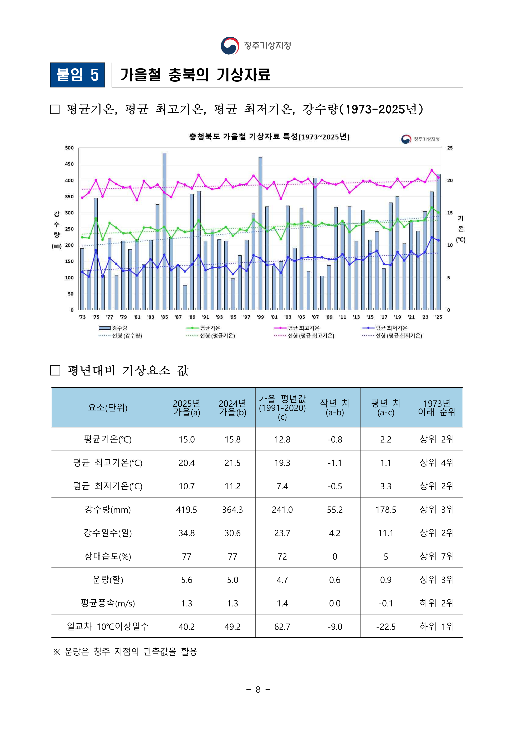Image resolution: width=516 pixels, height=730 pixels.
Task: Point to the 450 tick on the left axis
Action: coord(69,164)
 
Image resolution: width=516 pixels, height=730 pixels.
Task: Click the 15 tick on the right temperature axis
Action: coord(450,213)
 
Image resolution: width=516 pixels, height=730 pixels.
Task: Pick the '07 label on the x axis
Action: coord(315,317)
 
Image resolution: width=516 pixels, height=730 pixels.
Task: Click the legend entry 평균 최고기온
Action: coord(303,328)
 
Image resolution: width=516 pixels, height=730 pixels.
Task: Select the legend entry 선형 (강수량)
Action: coord(127,336)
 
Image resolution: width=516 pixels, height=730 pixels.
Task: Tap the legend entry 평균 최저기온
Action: coord(391,328)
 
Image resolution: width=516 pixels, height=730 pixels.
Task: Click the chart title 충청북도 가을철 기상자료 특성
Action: coord(269,137)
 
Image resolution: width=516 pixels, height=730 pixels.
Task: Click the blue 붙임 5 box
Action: coord(77,75)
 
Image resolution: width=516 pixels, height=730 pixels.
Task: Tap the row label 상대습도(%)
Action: coord(108,556)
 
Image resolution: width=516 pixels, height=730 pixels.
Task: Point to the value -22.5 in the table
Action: coord(386,627)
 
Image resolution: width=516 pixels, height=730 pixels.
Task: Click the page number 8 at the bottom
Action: coord(258,690)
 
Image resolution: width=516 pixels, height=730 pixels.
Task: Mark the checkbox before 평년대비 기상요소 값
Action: coord(55,370)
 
